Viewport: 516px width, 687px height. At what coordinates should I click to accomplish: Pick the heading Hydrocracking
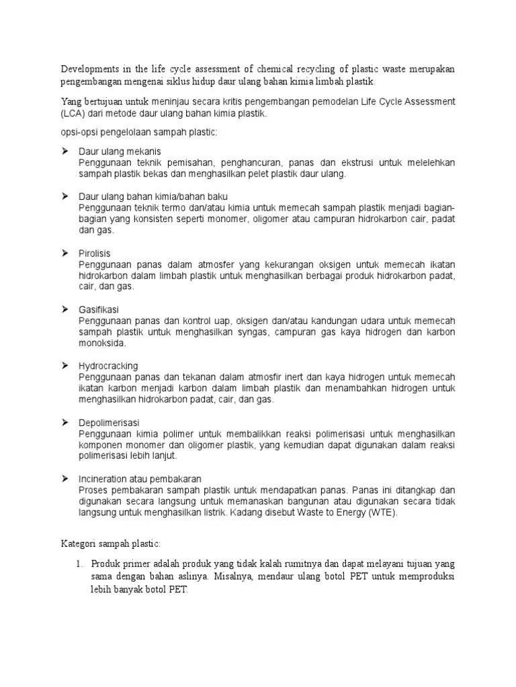[108, 366]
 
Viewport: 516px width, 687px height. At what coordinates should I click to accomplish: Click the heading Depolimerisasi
[109, 422]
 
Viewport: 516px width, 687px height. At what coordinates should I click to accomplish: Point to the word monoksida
[103, 343]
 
